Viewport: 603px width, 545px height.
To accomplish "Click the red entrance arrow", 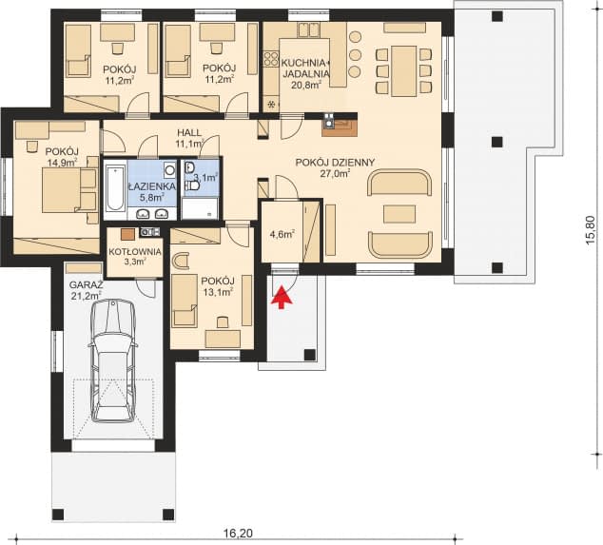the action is [x=282, y=297].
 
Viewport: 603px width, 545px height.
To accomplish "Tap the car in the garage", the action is [x=113, y=360].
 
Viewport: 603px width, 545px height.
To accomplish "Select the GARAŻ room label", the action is [x=86, y=285].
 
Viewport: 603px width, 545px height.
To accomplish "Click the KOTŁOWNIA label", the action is [x=135, y=252].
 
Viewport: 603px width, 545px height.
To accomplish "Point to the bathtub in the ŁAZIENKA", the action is [x=115, y=188].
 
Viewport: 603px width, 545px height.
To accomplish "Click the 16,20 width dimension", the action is [x=238, y=534].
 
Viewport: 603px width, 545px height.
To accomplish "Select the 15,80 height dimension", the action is [x=591, y=229].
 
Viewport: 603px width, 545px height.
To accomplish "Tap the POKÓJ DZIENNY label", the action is [x=335, y=163].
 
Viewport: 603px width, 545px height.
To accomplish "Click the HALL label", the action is [x=189, y=133].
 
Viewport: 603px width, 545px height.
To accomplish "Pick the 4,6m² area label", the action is [x=282, y=234].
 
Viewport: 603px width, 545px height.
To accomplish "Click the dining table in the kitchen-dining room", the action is [x=404, y=70].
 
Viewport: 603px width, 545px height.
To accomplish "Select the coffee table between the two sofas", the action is [x=399, y=214].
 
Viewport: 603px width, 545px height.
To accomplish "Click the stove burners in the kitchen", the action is [x=271, y=58].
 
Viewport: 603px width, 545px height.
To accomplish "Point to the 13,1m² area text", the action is [x=218, y=292].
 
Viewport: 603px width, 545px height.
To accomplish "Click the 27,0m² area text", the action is [x=335, y=173].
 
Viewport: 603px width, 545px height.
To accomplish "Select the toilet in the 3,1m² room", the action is [x=193, y=186].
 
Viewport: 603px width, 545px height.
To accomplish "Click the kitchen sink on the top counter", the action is [x=309, y=30].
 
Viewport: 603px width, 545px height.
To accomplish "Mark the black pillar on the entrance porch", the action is [x=310, y=355].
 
